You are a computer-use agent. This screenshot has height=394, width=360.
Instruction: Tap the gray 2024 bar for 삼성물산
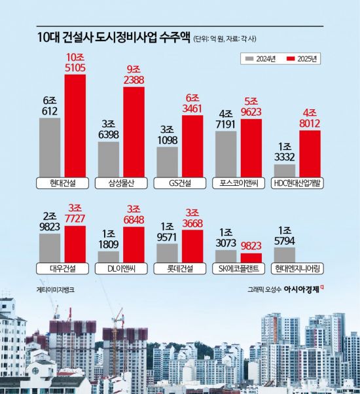pos(108,158)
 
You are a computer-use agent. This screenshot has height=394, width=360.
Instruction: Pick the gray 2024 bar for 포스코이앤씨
pos(226,153)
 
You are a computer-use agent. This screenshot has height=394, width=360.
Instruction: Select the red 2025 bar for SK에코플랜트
pos(251,257)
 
